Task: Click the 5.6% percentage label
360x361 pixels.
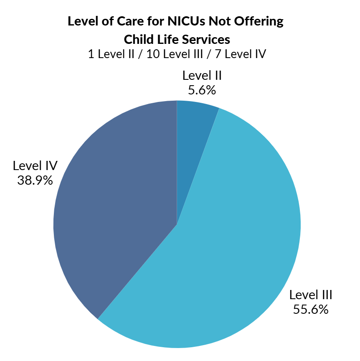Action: [202, 90]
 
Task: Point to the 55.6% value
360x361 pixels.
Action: [311, 310]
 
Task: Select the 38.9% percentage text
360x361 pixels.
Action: [35, 180]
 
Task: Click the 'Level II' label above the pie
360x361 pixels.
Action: [202, 76]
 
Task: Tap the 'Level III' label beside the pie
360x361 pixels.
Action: [311, 295]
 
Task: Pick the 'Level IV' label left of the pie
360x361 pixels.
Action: [35, 165]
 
